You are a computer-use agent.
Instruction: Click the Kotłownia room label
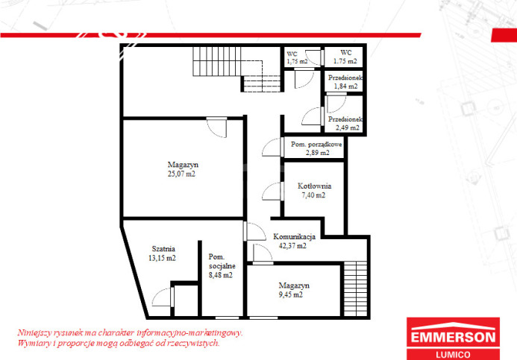coord(314,186)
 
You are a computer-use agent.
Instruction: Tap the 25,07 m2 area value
coord(181,174)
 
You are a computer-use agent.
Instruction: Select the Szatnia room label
coord(163,249)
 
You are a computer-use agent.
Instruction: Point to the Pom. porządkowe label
coord(316,145)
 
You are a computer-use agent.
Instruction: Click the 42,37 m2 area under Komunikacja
coord(292,246)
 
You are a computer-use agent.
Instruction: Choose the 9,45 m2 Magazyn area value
coord(290,295)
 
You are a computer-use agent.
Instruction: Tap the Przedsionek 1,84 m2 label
coord(345,82)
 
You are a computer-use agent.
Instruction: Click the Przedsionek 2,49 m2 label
coord(345,124)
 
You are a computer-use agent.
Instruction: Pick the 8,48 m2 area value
coord(221,275)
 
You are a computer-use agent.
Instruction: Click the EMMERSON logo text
coord(453,338)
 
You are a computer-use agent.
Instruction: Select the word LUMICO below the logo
coord(453,355)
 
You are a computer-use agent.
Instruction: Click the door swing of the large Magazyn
coord(217,127)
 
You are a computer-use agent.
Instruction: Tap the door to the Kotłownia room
coord(273,191)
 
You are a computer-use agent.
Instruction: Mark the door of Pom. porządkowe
coord(273,148)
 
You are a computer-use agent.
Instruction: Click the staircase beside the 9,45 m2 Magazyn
coord(355,289)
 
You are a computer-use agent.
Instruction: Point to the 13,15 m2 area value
coord(162,258)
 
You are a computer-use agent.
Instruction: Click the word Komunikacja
coord(294,237)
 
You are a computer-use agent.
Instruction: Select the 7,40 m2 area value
coord(313,195)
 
